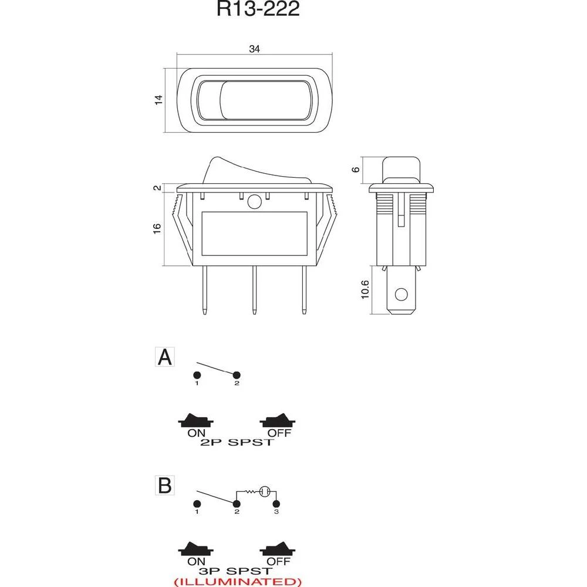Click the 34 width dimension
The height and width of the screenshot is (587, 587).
(x=254, y=49)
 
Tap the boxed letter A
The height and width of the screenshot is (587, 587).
(x=166, y=357)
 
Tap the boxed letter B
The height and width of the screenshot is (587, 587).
(x=166, y=485)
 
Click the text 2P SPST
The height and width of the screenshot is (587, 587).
(x=237, y=442)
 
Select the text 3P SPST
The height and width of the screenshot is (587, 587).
(x=237, y=570)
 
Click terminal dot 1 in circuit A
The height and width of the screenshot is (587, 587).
(x=197, y=375)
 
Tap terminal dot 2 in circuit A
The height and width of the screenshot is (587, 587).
(x=237, y=375)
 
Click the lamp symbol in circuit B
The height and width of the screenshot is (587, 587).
(x=265, y=491)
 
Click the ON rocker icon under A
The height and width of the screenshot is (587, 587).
(x=196, y=420)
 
